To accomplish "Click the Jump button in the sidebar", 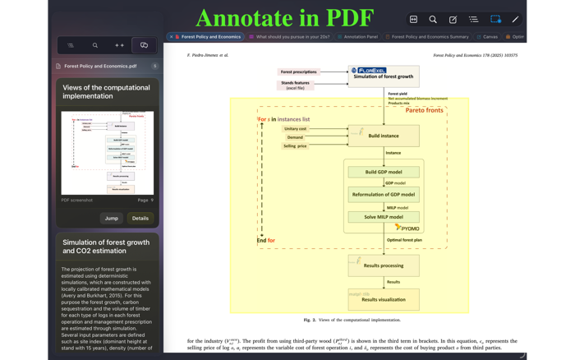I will click(x=111, y=218).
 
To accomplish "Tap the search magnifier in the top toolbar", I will click(x=433, y=19).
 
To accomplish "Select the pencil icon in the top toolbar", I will click(x=515, y=19).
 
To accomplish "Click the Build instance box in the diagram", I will click(x=384, y=135).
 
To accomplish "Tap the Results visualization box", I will click(x=384, y=299).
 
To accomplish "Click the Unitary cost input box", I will click(x=296, y=129).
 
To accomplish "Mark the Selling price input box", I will click(x=296, y=145).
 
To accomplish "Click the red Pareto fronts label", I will click(x=424, y=110).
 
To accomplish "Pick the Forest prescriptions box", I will click(x=299, y=72).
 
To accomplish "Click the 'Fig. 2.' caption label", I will click(x=310, y=320).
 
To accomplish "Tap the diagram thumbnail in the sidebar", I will click(x=108, y=153).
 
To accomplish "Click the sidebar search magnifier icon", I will click(x=95, y=45).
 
